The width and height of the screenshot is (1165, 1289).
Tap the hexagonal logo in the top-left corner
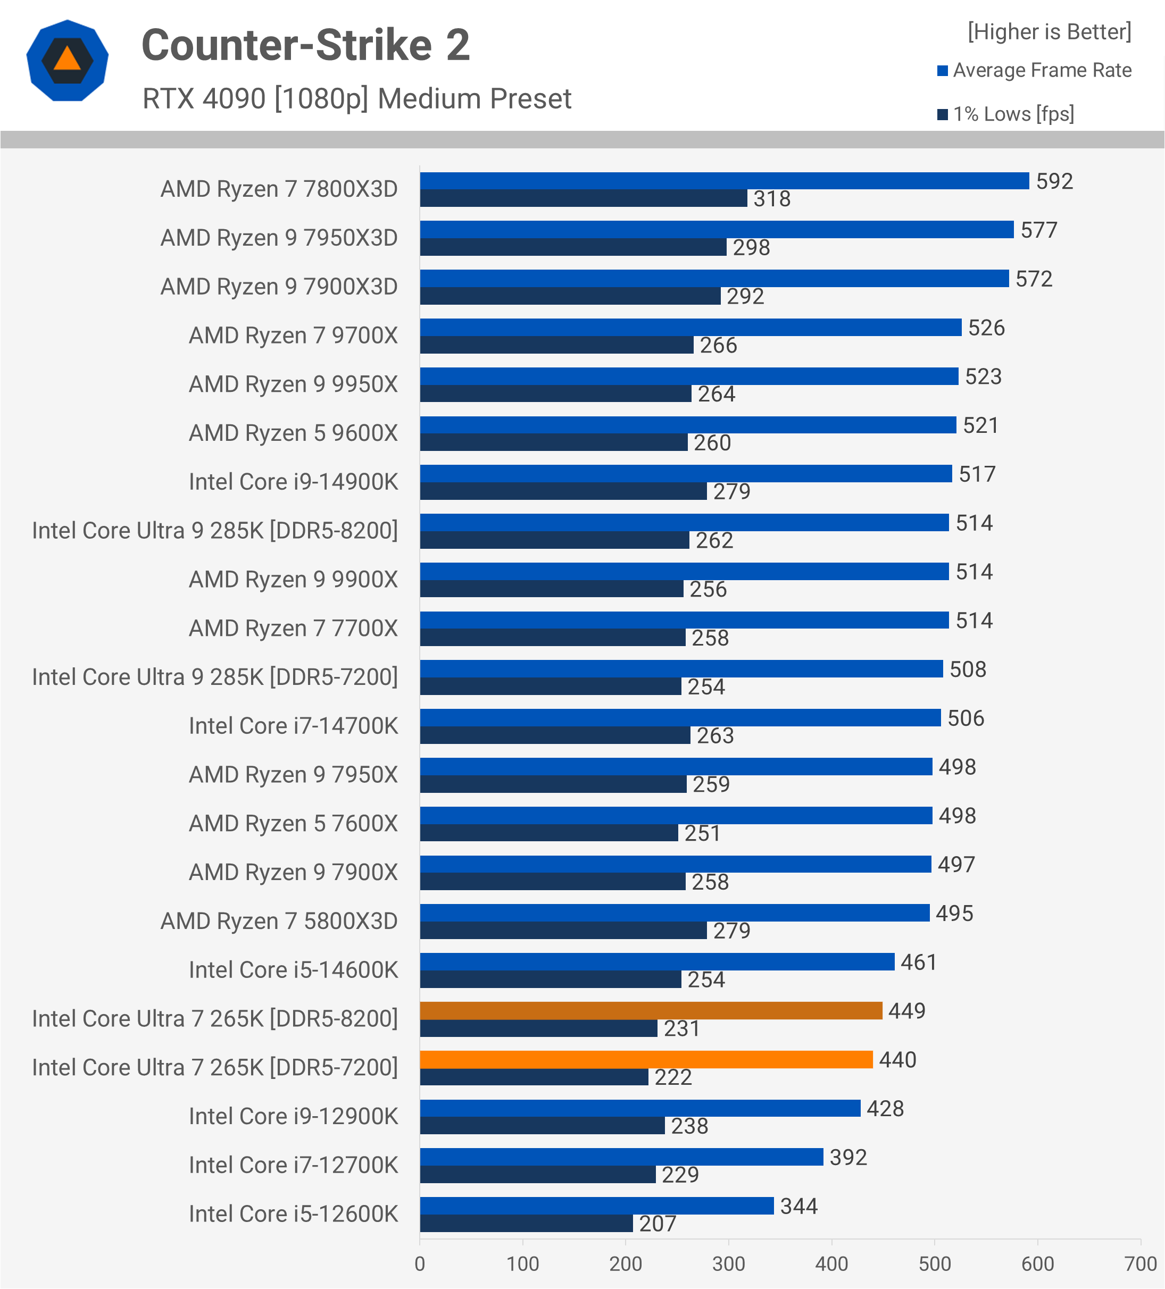pos(67,61)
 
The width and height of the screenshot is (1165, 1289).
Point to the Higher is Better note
pos(1049,32)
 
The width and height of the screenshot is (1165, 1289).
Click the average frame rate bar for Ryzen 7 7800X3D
pos(724,181)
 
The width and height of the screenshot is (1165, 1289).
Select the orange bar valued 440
pos(646,1059)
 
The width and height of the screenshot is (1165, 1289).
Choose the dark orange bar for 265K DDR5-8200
pos(651,1010)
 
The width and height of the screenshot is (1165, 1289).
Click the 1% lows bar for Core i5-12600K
pos(526,1223)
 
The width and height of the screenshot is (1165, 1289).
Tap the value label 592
pos(1054,181)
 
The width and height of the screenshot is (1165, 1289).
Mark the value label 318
pos(771,199)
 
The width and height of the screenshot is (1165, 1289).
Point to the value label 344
pos(798,1206)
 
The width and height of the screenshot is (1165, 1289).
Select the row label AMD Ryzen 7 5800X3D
pos(279,922)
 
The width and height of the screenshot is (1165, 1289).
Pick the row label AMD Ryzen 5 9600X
pos(293,433)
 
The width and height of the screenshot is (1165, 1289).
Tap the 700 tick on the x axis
pos(1140,1263)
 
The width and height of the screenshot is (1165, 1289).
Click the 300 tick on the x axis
pos(728,1263)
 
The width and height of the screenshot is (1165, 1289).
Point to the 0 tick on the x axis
pos(420,1263)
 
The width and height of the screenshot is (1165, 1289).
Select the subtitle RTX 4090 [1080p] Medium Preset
pos(356,99)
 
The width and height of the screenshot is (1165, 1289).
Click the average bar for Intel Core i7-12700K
pos(621,1157)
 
